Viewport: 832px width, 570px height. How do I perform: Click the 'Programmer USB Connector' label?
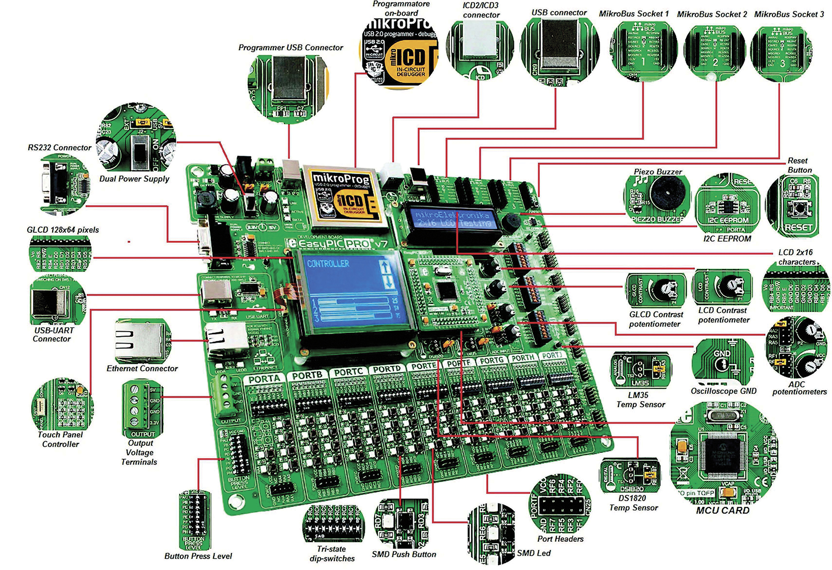pyautogui.click(x=291, y=48)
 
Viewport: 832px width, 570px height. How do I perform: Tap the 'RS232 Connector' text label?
pyautogui.click(x=60, y=147)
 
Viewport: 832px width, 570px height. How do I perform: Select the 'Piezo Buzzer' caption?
pyautogui.click(x=658, y=172)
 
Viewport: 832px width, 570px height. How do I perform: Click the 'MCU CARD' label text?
pyautogui.click(x=722, y=510)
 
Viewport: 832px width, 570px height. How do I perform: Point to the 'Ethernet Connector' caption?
pyautogui.click(x=142, y=368)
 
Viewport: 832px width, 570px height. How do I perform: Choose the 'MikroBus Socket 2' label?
pyautogui.click(x=712, y=14)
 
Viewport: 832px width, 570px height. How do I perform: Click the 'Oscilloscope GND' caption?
pyautogui.click(x=723, y=391)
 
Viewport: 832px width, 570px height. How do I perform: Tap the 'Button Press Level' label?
pyautogui.click(x=198, y=556)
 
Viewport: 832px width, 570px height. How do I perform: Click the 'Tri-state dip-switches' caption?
pyautogui.click(x=332, y=554)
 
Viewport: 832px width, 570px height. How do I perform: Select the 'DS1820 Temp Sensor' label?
pyautogui.click(x=633, y=503)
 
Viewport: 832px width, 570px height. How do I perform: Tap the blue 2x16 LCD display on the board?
pyautogui.click(x=453, y=219)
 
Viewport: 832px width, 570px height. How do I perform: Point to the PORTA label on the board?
pyautogui.click(x=264, y=379)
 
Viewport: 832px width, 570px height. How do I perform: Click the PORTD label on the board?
pyautogui.click(x=386, y=369)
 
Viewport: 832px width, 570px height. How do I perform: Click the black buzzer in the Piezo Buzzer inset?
pyautogui.click(x=669, y=194)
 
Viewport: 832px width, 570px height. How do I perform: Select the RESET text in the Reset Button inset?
pyautogui.click(x=798, y=228)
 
